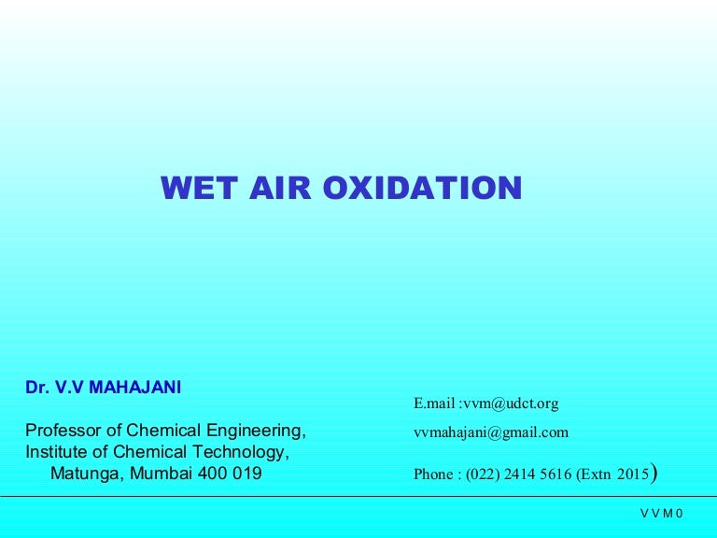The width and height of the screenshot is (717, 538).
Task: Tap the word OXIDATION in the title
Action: click(x=422, y=189)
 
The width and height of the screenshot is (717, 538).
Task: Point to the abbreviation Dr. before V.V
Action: click(x=36, y=388)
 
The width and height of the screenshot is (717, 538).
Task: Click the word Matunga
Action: click(x=85, y=474)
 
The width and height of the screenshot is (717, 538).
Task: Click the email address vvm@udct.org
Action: click(x=511, y=403)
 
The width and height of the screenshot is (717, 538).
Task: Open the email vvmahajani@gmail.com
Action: click(x=491, y=432)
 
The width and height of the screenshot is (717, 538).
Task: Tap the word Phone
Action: click(x=433, y=474)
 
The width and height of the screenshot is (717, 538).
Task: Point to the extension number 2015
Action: click(x=632, y=474)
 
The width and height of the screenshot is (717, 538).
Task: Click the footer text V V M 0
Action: click(x=662, y=514)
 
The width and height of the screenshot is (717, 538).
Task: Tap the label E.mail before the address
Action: click(x=434, y=403)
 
